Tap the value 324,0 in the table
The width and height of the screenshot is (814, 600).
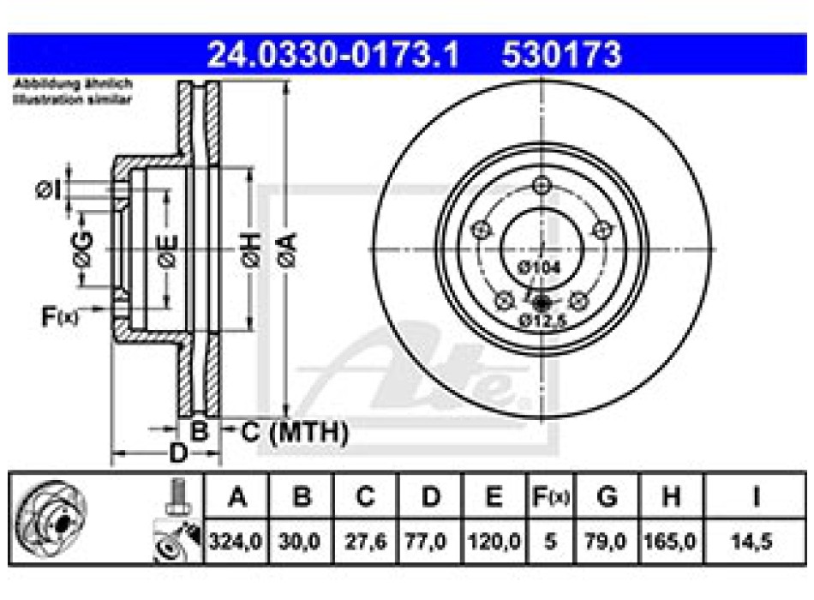coord(237,541)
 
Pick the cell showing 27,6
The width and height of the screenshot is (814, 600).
coord(365,541)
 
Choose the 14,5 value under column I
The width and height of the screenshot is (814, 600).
coord(755,541)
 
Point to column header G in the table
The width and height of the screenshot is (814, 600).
coord(607,496)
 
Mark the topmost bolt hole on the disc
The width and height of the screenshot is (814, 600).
coord(541,185)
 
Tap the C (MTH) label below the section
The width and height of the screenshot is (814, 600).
coord(295,433)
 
